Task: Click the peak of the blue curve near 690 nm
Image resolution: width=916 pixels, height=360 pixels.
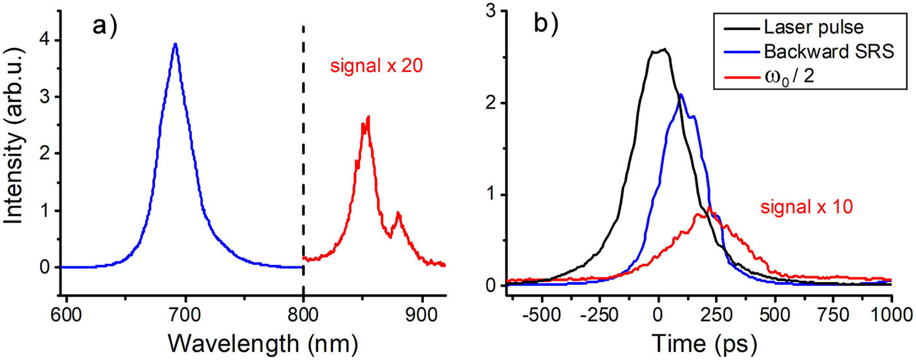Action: click(x=175, y=45)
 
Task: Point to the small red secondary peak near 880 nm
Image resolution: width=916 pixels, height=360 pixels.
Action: click(x=398, y=213)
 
